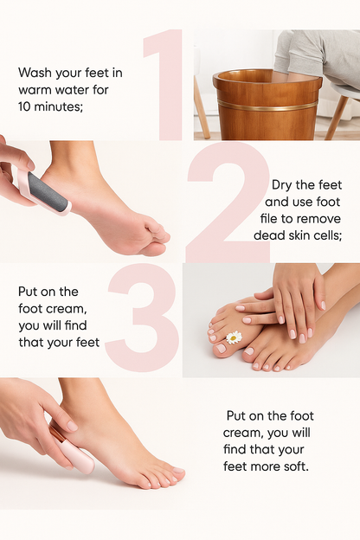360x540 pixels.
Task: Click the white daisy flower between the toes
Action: click(x=234, y=337)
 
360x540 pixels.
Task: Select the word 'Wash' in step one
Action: click(x=34, y=73)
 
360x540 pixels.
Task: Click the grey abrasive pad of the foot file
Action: click(x=50, y=192)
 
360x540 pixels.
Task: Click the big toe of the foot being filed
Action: click(x=158, y=235)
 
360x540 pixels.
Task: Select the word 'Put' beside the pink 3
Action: click(x=29, y=292)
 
